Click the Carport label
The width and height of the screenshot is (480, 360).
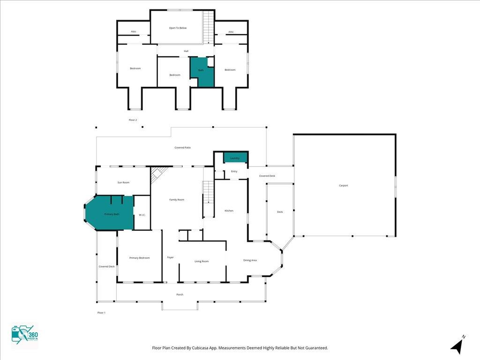coord(344,186)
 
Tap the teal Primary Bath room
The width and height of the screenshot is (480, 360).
coord(112,214)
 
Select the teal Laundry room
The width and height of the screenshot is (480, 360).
coord(235,158)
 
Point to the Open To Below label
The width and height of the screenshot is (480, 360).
coord(178,28)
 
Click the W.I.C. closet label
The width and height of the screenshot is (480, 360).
coord(142,215)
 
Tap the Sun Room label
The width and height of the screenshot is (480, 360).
coord(123,182)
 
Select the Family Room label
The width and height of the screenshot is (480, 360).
coord(177,200)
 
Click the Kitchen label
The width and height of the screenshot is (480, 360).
coord(229,211)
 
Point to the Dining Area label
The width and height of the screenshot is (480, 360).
coord(250,260)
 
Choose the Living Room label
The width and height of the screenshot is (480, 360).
coord(202,261)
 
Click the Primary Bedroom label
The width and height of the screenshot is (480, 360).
coord(139,258)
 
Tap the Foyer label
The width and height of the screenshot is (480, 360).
coord(171,257)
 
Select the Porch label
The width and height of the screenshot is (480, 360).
coord(180,294)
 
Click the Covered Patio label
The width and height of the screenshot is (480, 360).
coord(182,148)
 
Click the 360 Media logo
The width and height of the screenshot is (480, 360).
coord(25,337)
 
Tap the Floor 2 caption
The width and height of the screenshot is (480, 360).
coord(133,120)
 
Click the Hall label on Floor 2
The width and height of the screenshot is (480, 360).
coord(186,51)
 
